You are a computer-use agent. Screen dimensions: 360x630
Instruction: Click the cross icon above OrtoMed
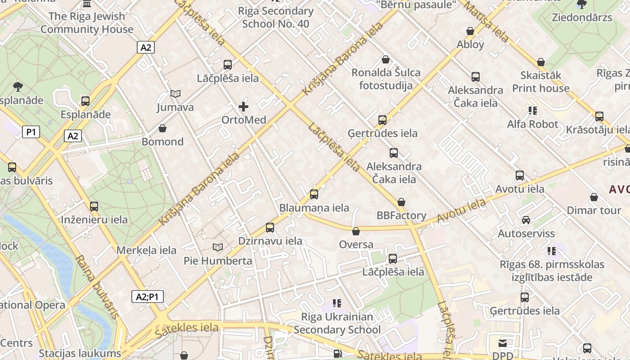coord(243,107)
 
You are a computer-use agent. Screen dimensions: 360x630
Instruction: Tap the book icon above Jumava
coord(175,94)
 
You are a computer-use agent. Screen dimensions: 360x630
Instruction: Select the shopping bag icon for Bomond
coord(162,129)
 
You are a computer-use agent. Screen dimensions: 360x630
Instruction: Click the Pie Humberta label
coord(218,261)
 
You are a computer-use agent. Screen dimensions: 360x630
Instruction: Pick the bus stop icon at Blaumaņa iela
coord(314,194)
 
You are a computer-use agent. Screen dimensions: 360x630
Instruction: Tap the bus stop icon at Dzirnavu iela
coord(270,228)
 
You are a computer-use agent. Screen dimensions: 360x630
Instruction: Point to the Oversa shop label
coord(356,244)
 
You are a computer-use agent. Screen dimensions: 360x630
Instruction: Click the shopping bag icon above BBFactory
coord(401,202)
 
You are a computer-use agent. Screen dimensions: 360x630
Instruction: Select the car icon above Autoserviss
coord(526,220)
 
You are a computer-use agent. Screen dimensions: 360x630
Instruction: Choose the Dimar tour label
coord(594,210)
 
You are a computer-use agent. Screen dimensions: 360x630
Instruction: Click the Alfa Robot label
coord(532,124)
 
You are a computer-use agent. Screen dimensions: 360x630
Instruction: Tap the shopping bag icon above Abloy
coord(470,31)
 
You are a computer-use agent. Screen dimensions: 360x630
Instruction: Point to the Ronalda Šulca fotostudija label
coord(386,79)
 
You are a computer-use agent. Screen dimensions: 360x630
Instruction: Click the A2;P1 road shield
coord(148,297)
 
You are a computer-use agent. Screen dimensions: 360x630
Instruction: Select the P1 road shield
coord(31,132)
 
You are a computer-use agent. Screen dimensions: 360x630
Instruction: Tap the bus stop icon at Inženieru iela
coord(94,207)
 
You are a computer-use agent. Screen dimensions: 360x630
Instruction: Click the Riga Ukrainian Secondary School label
coord(337,323)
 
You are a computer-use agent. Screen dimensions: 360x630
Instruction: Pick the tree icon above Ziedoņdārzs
coord(581,4)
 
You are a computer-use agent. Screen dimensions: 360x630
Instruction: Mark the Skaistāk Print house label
coord(540,81)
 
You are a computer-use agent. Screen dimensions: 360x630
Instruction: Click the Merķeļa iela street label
coord(146,250)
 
